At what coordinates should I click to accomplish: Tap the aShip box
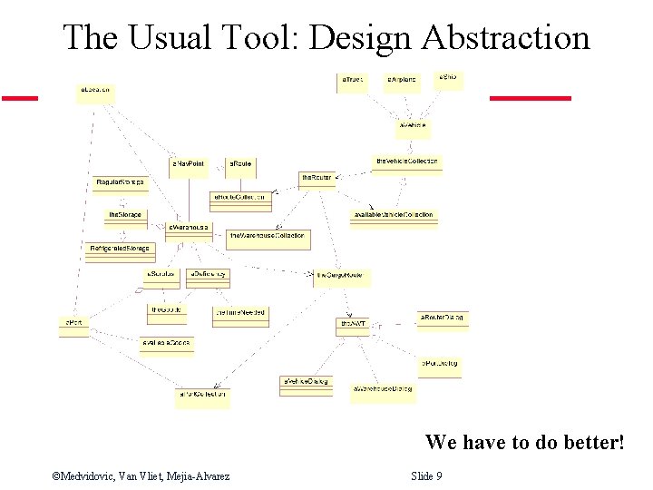tap(450, 79)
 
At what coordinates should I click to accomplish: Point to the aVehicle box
tap(413, 125)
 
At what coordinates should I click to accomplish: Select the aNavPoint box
tap(189, 167)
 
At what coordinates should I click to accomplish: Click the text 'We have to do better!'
tap(525, 442)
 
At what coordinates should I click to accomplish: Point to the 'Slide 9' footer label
tap(426, 475)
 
